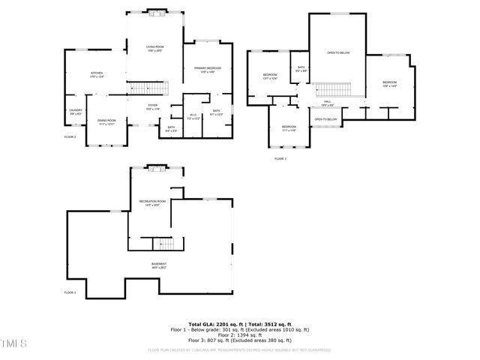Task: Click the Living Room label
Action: (x=154, y=49)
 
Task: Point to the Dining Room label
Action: (x=106, y=121)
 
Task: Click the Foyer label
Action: (x=152, y=107)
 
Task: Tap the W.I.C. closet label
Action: (x=193, y=116)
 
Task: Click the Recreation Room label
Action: (x=152, y=202)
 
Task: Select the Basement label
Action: (x=159, y=265)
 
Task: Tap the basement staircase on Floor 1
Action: (x=163, y=244)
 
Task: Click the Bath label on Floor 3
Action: (x=300, y=70)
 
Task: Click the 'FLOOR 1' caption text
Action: (x=70, y=292)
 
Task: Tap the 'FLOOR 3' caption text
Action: (x=280, y=159)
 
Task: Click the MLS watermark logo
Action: (x=14, y=343)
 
